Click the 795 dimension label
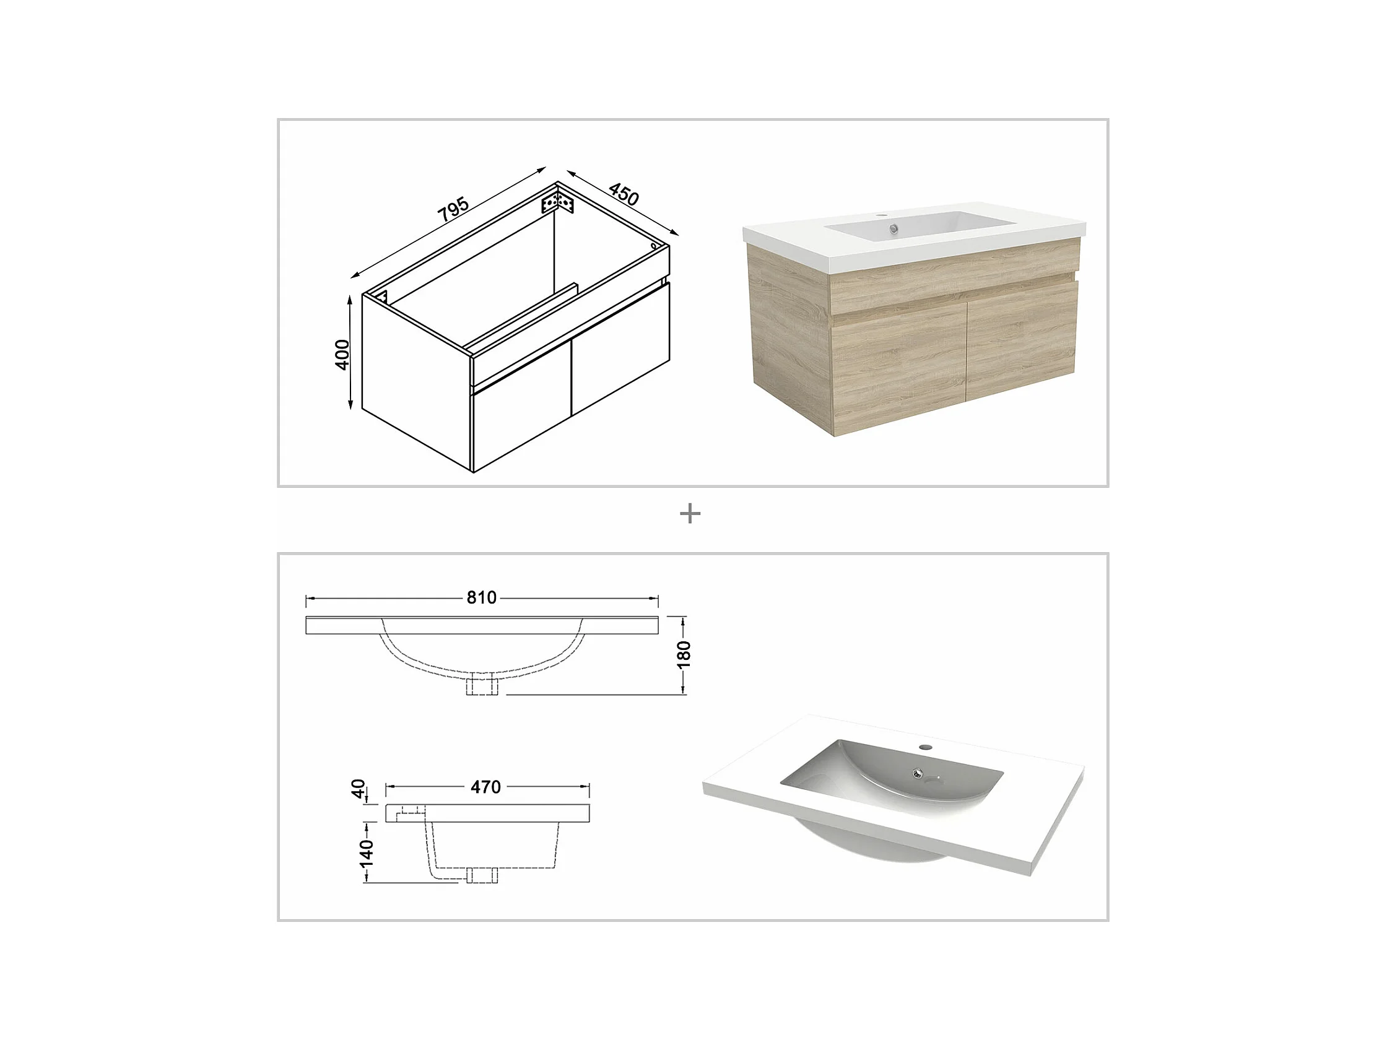pyautogui.click(x=453, y=209)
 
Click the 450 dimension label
pyautogui.click(x=624, y=194)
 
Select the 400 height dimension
pyautogui.click(x=342, y=355)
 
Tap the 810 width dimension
pyautogui.click(x=482, y=597)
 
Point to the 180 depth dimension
pyautogui.click(x=684, y=654)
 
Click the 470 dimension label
pyautogui.click(x=486, y=787)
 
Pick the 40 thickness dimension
pyautogui.click(x=358, y=789)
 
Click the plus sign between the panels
pyautogui.click(x=690, y=514)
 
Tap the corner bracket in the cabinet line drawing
pyautogui.click(x=557, y=203)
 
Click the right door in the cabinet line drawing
pyautogui.click(x=621, y=349)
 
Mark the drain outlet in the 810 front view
pyautogui.click(x=482, y=686)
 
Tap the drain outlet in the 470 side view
pyautogui.click(x=482, y=875)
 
